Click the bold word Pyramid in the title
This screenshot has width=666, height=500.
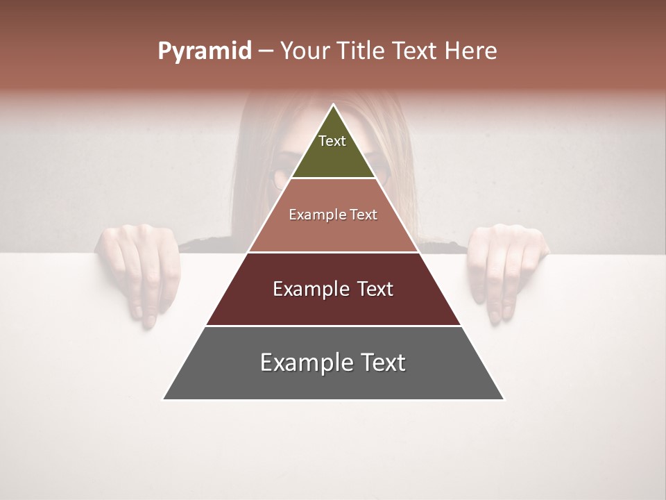[x=204, y=51]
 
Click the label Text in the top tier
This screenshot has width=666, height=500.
[x=332, y=141]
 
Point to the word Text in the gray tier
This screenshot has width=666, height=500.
[x=382, y=362]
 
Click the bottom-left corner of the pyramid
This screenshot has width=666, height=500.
[x=164, y=399]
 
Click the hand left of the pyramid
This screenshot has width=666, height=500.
[x=139, y=267]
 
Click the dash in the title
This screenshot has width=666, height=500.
[x=266, y=51]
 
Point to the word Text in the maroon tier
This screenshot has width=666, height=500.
[x=374, y=289]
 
